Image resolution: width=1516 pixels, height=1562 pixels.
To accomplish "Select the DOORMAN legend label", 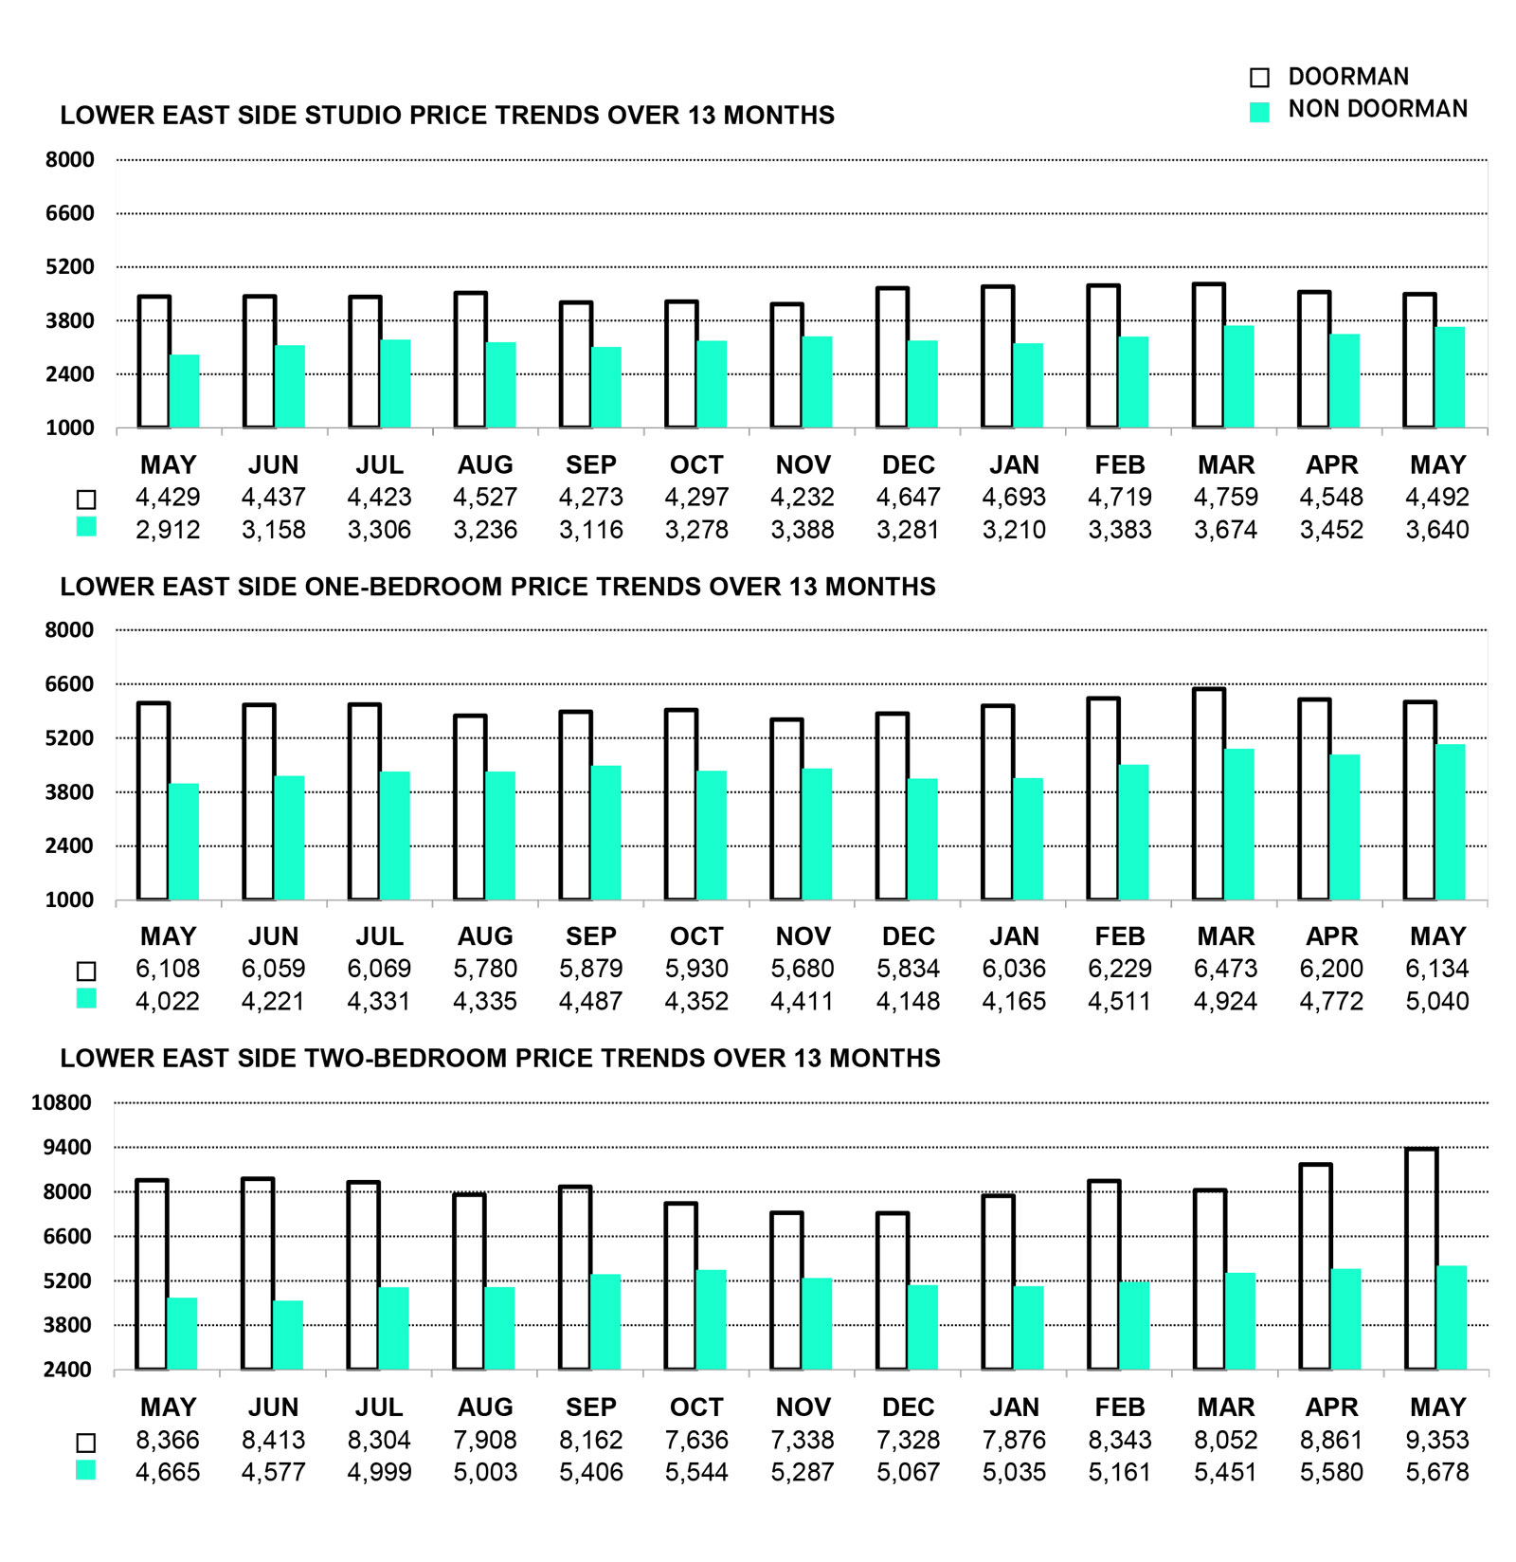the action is [x=1348, y=77].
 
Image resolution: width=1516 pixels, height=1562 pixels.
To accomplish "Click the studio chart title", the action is [x=447, y=116].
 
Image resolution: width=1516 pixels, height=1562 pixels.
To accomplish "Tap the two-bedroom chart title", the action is [x=500, y=1059].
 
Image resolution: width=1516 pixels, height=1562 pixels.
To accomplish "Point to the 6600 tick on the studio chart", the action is [x=70, y=213].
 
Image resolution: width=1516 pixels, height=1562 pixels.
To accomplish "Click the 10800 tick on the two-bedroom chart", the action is [x=62, y=1102].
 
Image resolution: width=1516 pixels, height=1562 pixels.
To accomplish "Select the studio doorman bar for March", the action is [x=1209, y=355].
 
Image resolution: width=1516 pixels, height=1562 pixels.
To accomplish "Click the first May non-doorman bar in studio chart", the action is [x=184, y=391].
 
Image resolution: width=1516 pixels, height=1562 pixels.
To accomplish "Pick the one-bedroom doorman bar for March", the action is [x=1209, y=793].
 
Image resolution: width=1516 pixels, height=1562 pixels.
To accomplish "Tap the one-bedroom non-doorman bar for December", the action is [x=922, y=839].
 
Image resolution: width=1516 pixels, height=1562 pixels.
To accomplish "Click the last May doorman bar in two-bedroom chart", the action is [x=1421, y=1259].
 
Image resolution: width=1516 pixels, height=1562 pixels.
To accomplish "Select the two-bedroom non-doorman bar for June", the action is [x=288, y=1335].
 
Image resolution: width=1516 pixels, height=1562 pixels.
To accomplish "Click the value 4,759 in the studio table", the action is [x=1226, y=498].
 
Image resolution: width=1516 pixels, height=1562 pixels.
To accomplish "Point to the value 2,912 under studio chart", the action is [x=168, y=530].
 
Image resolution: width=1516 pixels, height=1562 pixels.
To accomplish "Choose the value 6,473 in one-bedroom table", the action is [x=1226, y=969].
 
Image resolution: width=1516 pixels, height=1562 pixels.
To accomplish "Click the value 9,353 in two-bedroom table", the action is [x=1437, y=1440].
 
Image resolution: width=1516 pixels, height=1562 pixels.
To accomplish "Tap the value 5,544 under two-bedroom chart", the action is [x=696, y=1472].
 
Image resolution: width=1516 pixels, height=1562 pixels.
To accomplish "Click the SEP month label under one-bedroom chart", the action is [x=591, y=936].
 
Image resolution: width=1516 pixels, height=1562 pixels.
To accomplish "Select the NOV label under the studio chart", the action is [x=803, y=465].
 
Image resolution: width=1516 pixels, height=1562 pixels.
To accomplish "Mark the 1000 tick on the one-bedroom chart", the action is [x=70, y=899].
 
